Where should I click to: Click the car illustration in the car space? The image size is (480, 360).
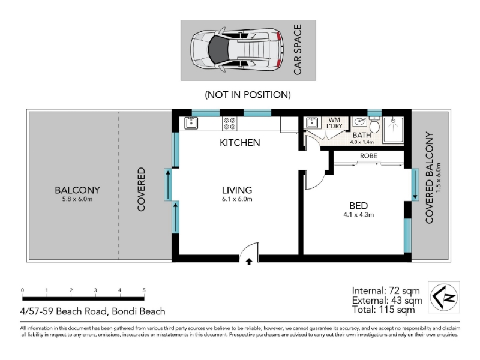click(236, 50)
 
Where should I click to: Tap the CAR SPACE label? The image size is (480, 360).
click(298, 50)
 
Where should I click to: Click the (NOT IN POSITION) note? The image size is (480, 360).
click(248, 95)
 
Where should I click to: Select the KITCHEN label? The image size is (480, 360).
click(239, 143)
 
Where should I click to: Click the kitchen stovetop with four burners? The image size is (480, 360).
click(230, 124)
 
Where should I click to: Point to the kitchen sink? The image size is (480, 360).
click(191, 123)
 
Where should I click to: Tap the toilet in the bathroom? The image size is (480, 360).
click(374, 125)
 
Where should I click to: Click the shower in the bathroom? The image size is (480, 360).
click(393, 130)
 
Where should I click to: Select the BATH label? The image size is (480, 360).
click(362, 135)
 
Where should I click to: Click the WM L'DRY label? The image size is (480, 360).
click(334, 123)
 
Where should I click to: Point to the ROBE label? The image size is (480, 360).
click(368, 156)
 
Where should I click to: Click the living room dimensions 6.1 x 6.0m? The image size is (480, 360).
click(237, 199)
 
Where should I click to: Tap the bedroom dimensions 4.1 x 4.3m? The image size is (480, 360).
click(358, 215)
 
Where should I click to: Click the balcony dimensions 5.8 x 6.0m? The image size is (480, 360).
click(77, 199)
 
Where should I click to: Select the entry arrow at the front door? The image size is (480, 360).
click(249, 262)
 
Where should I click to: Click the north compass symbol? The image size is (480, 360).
click(443, 297)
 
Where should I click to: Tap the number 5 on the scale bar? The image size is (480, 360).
click(144, 290)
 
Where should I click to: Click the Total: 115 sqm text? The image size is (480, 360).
click(383, 310)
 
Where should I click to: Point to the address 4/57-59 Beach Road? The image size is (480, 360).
click(64, 311)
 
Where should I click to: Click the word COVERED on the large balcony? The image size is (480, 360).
click(141, 189)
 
